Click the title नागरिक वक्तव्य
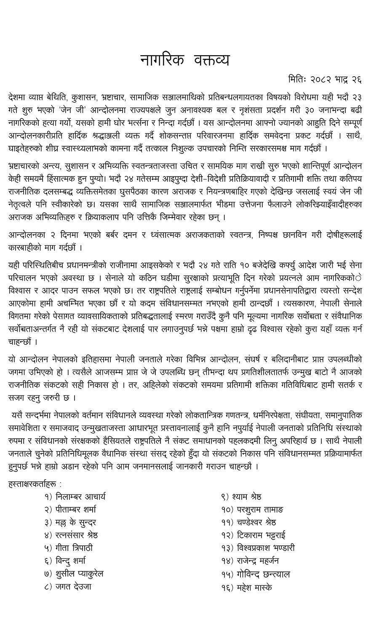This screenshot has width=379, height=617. (185, 60)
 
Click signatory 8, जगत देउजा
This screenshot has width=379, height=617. (73, 587)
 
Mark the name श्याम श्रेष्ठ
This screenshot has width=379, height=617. (248, 497)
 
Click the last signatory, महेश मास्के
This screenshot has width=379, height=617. (253, 587)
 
